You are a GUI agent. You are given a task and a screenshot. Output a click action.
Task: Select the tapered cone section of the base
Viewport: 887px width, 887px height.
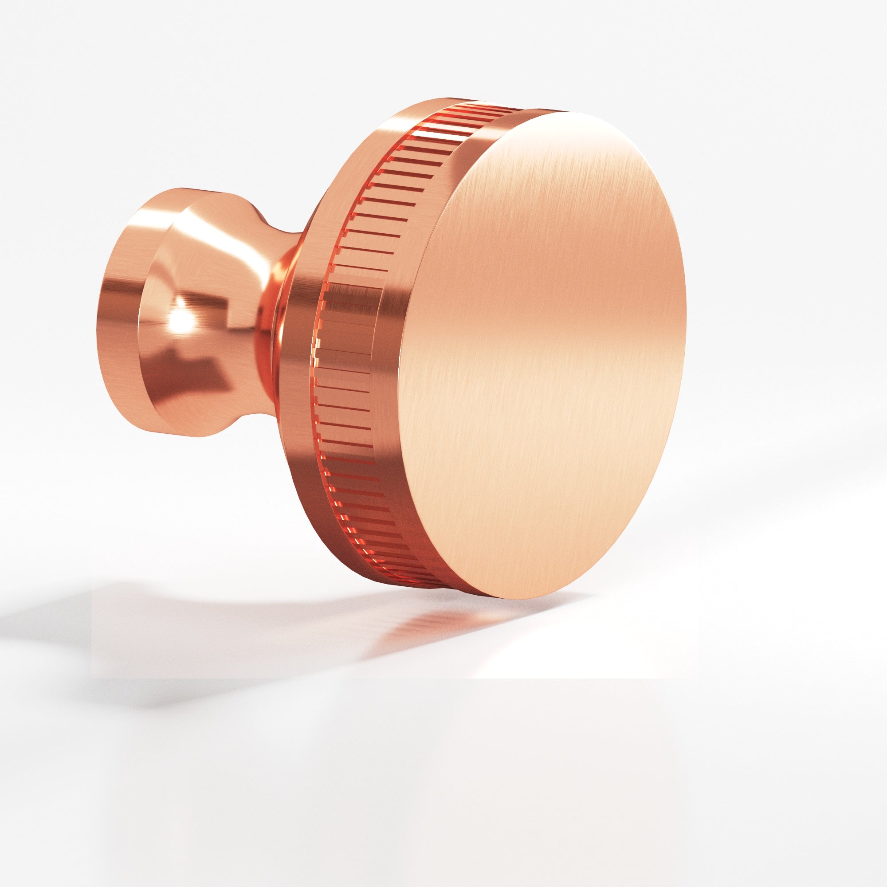point(216,275)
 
